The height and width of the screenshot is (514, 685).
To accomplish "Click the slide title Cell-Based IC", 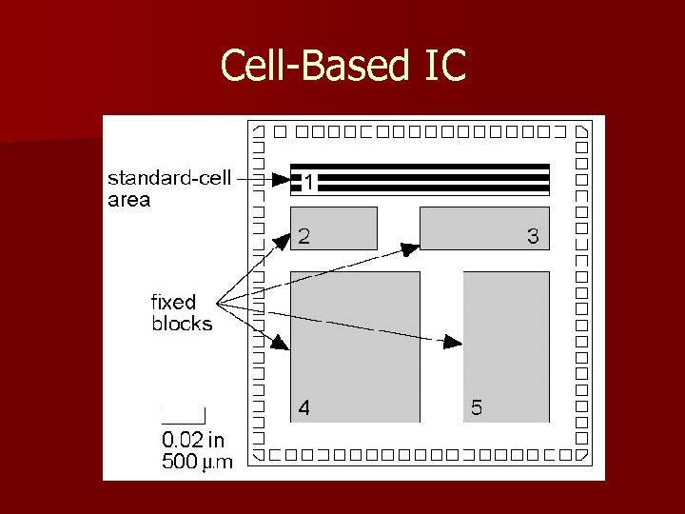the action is [342, 66].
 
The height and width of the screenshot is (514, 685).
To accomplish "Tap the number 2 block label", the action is [303, 237].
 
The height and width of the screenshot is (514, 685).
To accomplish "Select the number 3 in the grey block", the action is [533, 237].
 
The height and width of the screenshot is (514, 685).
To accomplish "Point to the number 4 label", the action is [303, 408].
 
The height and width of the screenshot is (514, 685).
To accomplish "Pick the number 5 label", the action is [476, 408].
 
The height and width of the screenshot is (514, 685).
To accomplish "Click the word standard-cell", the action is [168, 179].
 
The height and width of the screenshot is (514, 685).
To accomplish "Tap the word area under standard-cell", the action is [128, 200].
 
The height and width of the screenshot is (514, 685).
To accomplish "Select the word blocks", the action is [182, 324].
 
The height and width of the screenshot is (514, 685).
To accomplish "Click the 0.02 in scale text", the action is [193, 440].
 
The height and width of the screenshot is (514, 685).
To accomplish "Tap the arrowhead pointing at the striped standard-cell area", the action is [282, 179].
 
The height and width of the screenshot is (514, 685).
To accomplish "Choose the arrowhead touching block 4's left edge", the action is [281, 344].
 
